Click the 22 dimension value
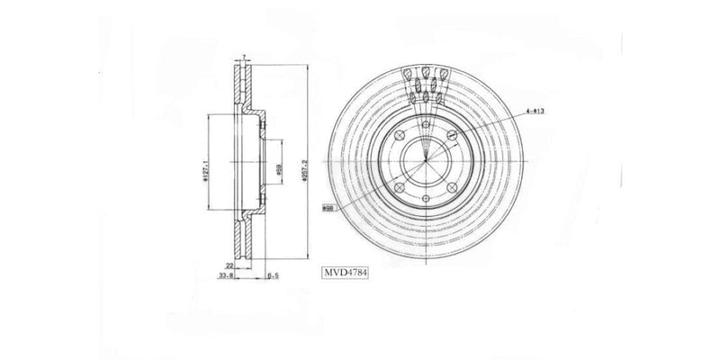pos(229,266)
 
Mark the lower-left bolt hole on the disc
pos(397,186)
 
